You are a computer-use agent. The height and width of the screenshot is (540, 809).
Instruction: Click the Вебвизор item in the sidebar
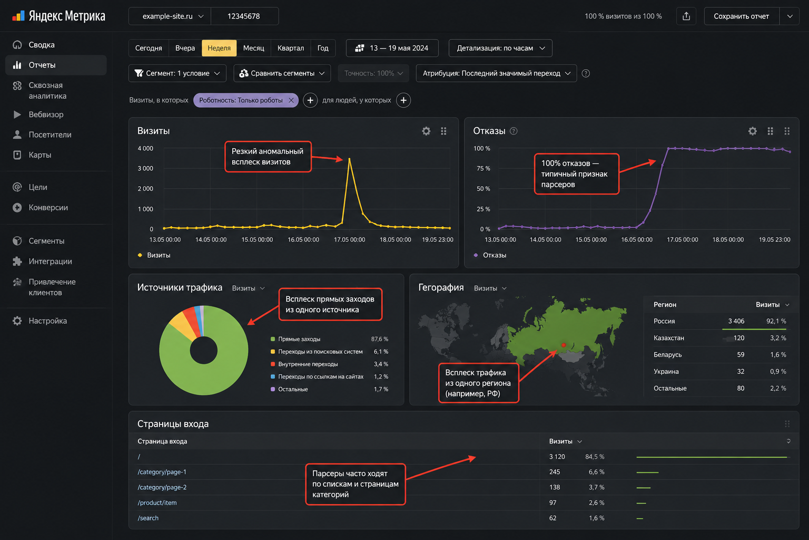tap(46, 114)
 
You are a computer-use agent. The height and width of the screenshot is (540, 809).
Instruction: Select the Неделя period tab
tap(219, 48)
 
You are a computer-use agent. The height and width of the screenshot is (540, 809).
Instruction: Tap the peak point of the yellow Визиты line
tap(349, 159)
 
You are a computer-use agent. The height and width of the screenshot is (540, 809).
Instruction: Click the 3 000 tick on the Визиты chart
tap(145, 168)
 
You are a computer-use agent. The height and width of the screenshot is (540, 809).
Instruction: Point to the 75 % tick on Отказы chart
tap(483, 168)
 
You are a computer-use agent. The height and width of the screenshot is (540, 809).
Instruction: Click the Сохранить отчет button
tap(741, 16)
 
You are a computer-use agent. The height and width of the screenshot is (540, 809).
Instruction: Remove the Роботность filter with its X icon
tap(291, 100)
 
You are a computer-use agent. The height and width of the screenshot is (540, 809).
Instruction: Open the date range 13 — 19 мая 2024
tap(392, 48)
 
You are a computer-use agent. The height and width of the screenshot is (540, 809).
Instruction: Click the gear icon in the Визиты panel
tap(426, 131)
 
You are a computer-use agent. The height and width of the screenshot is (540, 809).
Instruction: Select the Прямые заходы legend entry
tap(299, 339)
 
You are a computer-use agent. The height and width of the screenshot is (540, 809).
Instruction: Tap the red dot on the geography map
tap(564, 345)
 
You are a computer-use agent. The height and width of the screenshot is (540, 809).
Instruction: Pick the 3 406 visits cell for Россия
tap(736, 321)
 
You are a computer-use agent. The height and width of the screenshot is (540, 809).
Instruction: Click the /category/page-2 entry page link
tap(162, 487)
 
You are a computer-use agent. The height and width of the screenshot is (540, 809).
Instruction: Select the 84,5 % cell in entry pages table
tap(595, 457)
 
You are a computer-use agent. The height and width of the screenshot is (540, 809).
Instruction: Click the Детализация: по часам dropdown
tap(500, 48)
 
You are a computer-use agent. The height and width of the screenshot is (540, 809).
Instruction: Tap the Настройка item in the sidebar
tap(47, 321)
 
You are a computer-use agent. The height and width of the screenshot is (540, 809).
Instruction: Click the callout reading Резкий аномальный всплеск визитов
tap(268, 157)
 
